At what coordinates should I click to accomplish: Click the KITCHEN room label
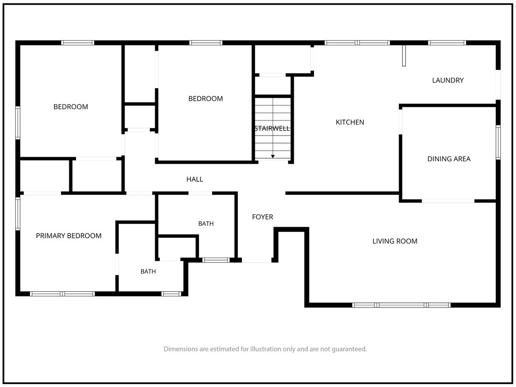(x=350, y=122)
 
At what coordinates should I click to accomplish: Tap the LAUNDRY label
(x=448, y=80)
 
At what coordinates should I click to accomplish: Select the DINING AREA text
(x=449, y=159)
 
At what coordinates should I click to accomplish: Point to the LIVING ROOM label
(x=395, y=241)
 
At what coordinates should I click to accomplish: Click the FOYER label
(x=263, y=217)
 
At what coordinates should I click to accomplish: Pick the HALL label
(x=195, y=179)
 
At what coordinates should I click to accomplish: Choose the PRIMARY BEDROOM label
(x=69, y=236)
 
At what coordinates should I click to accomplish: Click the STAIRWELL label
(x=273, y=128)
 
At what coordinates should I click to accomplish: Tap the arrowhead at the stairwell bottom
(x=273, y=156)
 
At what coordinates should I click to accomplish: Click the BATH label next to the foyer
(x=206, y=224)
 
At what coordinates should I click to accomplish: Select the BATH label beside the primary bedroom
(x=148, y=272)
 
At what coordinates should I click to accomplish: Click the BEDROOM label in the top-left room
(x=71, y=107)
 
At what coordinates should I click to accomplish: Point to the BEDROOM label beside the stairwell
(x=206, y=99)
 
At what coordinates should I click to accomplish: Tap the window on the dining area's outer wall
(x=498, y=143)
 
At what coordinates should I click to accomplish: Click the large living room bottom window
(x=401, y=305)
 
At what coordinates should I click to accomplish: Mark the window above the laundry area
(x=447, y=43)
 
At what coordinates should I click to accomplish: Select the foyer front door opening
(x=256, y=261)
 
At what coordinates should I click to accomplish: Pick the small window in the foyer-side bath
(x=216, y=261)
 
